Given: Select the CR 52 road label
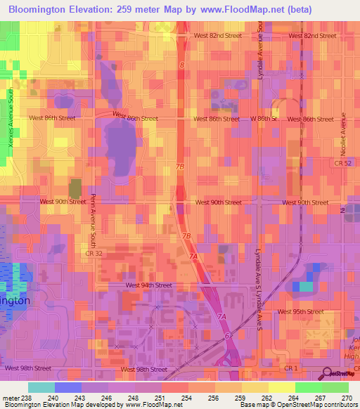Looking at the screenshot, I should (x=342, y=163).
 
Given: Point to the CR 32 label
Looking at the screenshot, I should (x=89, y=252).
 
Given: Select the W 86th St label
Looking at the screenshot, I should (x=265, y=119).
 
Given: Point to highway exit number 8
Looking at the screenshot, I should (x=181, y=65).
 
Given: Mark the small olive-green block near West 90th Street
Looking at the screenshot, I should (x=75, y=189).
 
